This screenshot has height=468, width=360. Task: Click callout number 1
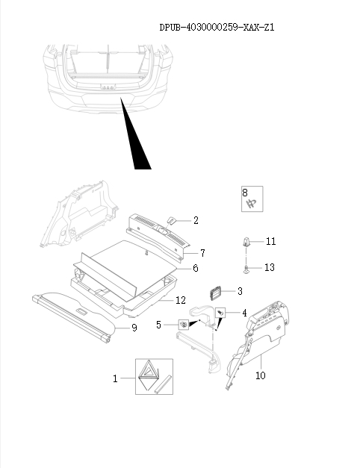116,378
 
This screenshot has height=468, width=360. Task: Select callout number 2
196,220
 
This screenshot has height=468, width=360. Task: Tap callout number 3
239,290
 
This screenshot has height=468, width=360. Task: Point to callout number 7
202,253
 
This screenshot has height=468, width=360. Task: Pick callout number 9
134,327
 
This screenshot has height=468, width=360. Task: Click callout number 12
180,300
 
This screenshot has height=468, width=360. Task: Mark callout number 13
270,267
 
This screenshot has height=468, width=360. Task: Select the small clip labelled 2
171,219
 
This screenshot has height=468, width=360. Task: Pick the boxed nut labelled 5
183,325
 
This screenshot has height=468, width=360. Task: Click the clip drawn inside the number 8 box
252,202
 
